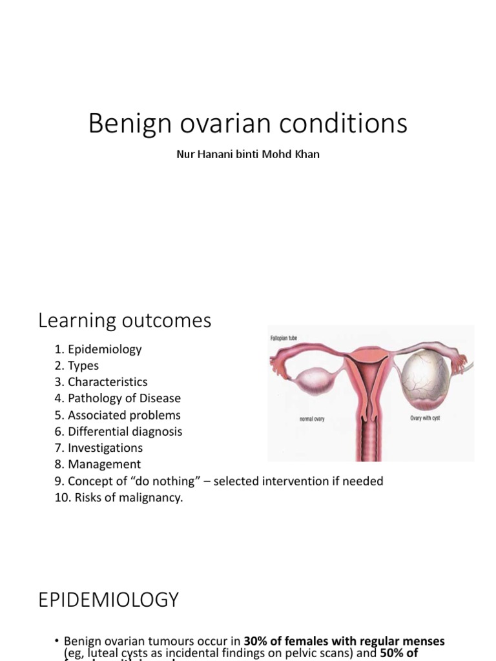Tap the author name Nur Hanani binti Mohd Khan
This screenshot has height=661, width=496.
pyautogui.click(x=247, y=156)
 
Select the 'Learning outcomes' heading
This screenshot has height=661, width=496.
pyautogui.click(x=125, y=320)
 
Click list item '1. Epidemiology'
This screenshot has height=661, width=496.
pyautogui.click(x=98, y=349)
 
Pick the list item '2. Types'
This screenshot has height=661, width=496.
pyautogui.click(x=77, y=365)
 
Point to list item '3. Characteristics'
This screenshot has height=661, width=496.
pyautogui.click(x=101, y=382)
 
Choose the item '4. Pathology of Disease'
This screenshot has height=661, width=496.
pyautogui.click(x=118, y=398)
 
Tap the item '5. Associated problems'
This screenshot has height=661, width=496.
pyautogui.click(x=118, y=415)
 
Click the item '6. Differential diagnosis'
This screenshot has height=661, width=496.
pyautogui.click(x=119, y=431)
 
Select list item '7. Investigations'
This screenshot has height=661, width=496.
pyautogui.click(x=99, y=447)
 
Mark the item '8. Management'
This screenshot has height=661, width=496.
pyautogui.click(x=98, y=464)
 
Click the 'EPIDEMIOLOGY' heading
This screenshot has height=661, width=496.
pyautogui.click(x=108, y=600)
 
